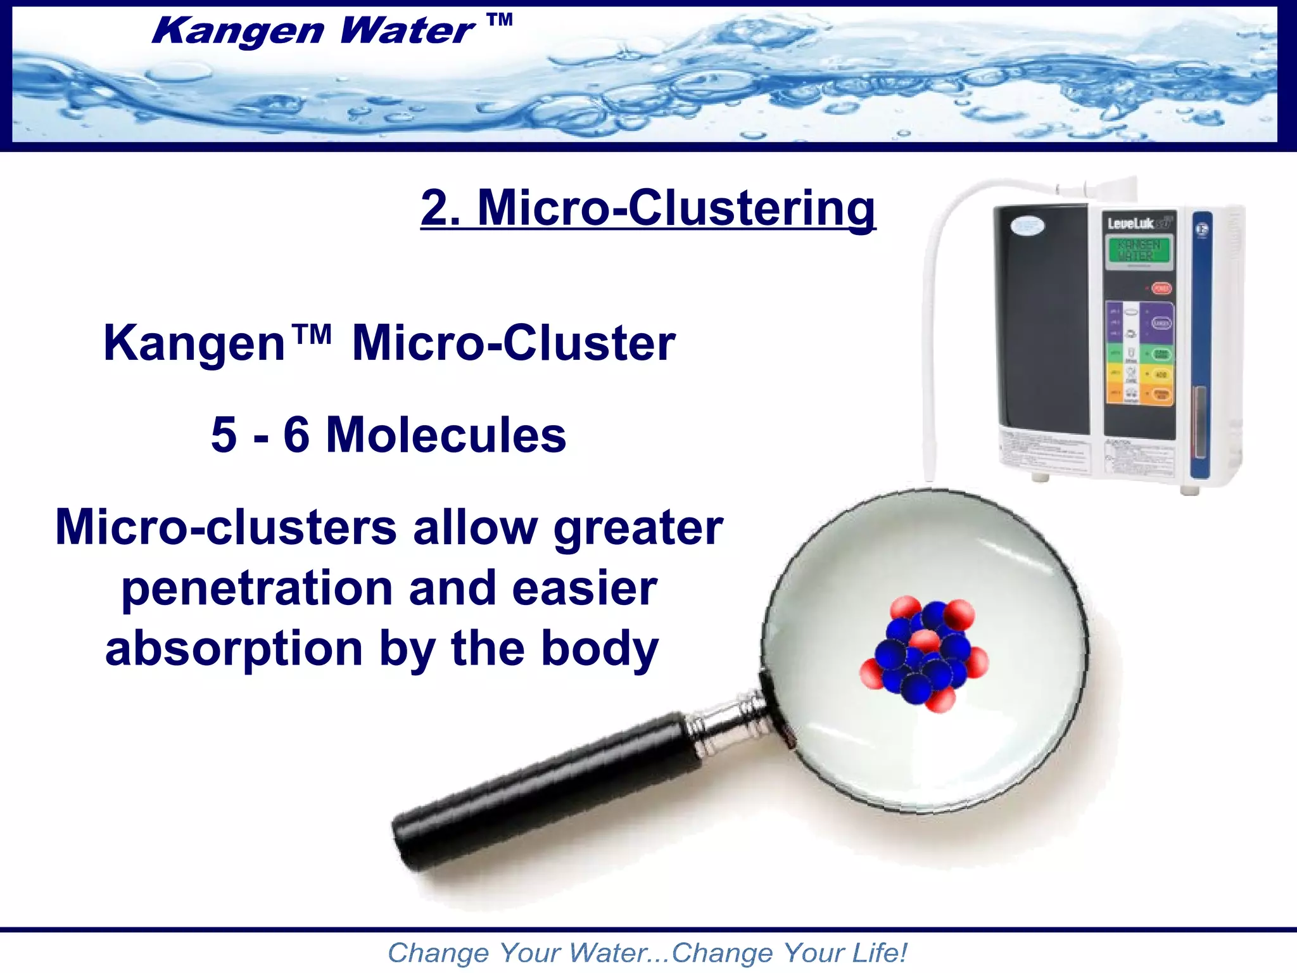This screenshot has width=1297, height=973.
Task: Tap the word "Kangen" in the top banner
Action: [237, 31]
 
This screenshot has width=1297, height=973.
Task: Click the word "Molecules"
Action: [446, 436]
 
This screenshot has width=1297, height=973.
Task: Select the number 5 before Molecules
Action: [224, 436]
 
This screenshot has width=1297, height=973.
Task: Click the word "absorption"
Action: [234, 650]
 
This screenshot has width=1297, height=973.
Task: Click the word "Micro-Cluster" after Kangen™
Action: [514, 343]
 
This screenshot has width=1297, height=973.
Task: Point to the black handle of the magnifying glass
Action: [538, 785]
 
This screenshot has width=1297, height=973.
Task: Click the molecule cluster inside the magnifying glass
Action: [923, 652]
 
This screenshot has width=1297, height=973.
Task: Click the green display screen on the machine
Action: [1139, 251]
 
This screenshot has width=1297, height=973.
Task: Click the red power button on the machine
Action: [1161, 289]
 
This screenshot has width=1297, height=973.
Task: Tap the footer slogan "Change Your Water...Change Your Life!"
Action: [647, 953]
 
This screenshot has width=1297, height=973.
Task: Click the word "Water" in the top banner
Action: [407, 31]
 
